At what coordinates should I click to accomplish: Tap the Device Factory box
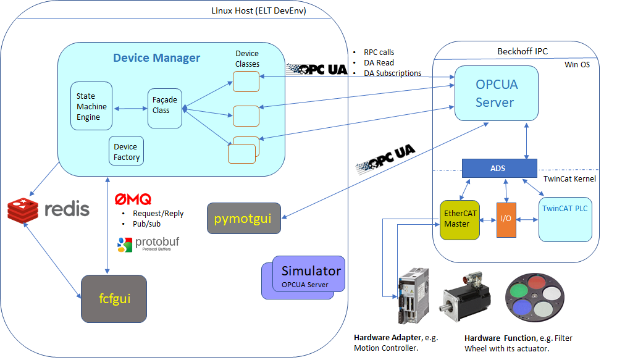[x=126, y=152]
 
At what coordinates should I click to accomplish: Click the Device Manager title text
[x=156, y=58]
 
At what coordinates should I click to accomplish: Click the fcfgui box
[x=114, y=299]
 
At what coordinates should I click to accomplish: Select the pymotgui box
[x=243, y=219]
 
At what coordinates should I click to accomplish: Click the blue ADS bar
[x=499, y=167]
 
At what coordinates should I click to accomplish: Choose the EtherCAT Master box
[x=459, y=219]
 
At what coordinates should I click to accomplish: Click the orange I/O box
[x=506, y=219]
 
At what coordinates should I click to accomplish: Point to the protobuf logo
[x=148, y=244]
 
